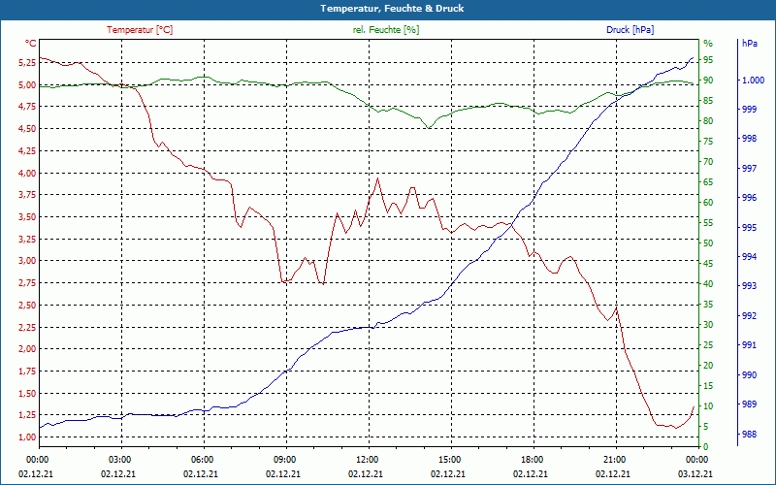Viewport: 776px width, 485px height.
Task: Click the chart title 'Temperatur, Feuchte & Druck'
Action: coord(388,9)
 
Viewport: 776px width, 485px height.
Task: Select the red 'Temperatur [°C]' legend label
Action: coord(140,30)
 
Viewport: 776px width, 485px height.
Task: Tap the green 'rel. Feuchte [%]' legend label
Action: coord(386,30)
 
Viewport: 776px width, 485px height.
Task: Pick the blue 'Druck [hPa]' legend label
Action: coord(630,30)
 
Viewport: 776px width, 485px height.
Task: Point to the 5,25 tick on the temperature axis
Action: coord(27,62)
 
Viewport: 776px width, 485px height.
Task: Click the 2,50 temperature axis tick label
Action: coord(27,305)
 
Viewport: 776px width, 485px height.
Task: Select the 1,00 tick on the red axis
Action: coord(27,436)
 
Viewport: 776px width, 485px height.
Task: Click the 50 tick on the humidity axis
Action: coord(708,243)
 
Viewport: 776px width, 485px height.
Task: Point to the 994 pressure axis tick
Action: coord(749,257)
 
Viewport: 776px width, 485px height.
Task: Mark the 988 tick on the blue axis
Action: coord(749,435)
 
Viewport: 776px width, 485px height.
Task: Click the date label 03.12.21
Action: coord(696,473)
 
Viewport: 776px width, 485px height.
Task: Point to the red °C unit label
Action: coord(31,44)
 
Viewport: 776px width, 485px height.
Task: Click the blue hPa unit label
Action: coord(749,44)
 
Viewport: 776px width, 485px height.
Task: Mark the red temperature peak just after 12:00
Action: coord(377,178)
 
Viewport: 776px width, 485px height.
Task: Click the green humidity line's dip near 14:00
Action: coord(427,128)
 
